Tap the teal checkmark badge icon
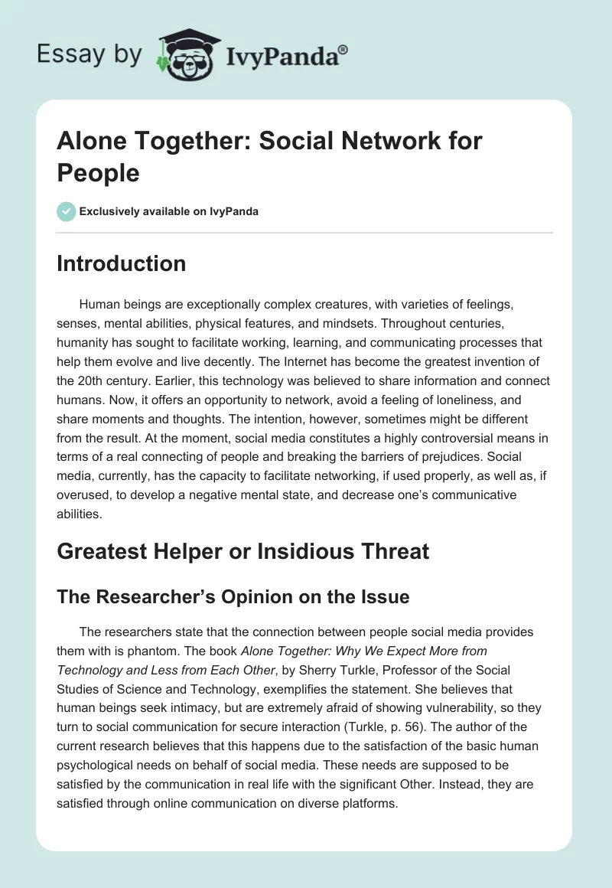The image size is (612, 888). [x=67, y=211]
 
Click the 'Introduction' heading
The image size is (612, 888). [x=122, y=263]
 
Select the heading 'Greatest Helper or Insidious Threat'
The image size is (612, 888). [x=243, y=550]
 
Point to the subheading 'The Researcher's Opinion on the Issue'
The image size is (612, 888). [x=233, y=596]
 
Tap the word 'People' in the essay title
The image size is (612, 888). [x=98, y=172]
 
